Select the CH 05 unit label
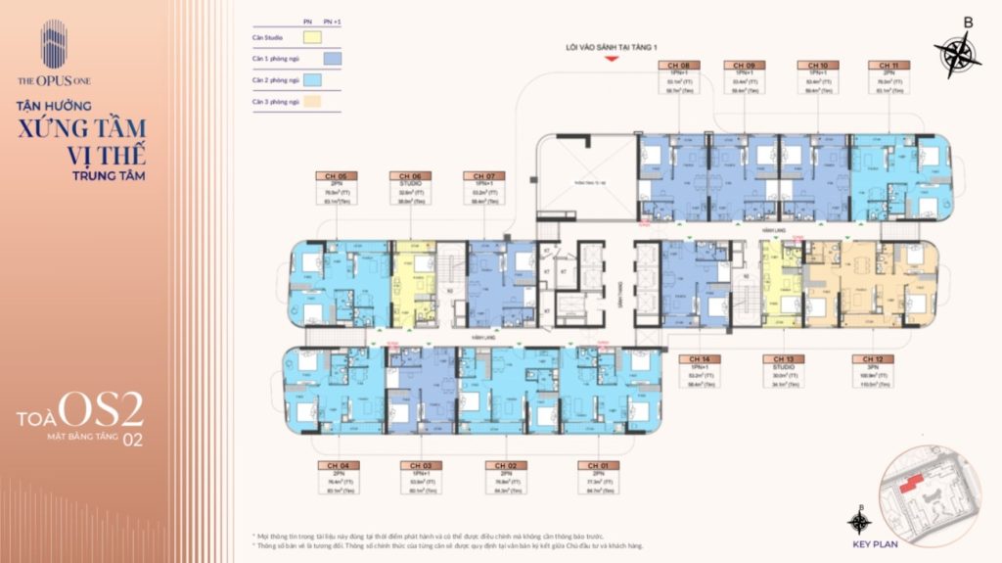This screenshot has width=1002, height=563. click(330, 176)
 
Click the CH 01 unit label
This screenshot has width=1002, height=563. click(593, 466)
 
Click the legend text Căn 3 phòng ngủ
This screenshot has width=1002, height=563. click(273, 101)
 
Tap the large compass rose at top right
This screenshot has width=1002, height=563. click(957, 54)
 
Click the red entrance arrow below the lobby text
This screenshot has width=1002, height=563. click(613, 59)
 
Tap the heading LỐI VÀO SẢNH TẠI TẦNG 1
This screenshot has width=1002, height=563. click(613, 46)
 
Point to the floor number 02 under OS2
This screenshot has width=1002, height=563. click(132, 440)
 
